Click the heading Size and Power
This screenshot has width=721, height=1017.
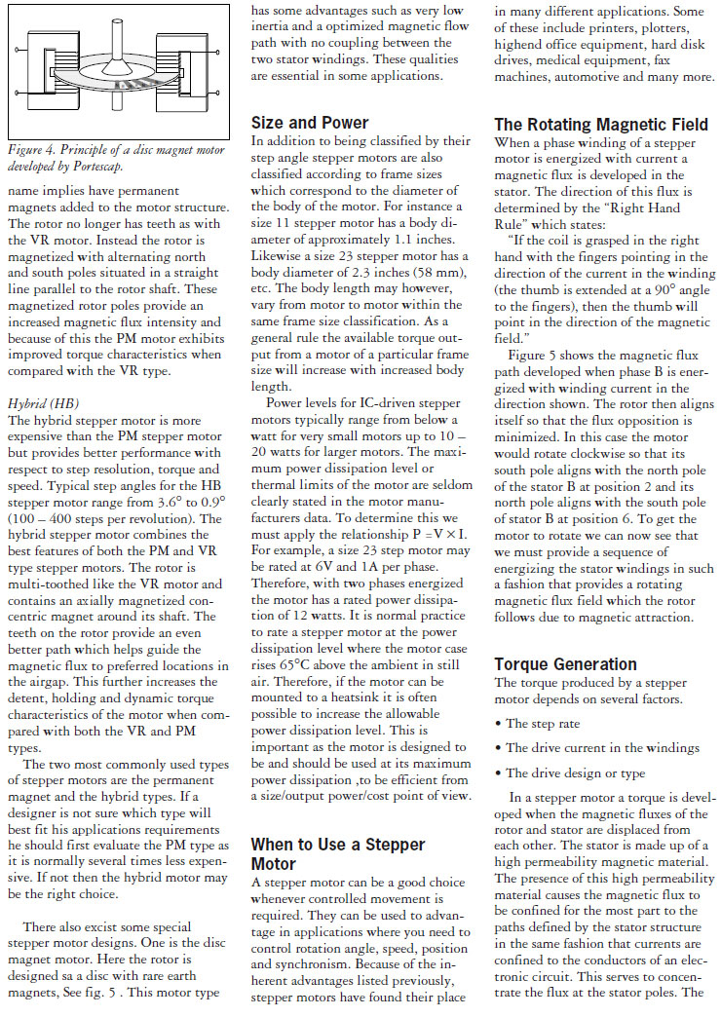(x=310, y=123)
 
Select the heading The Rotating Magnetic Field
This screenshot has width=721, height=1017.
(x=601, y=125)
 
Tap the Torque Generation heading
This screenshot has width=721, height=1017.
(x=567, y=664)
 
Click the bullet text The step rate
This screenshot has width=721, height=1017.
(x=544, y=724)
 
